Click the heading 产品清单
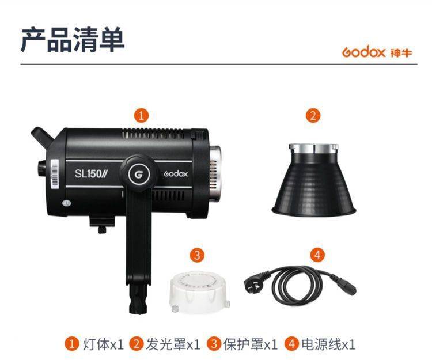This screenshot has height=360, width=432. [x=73, y=40]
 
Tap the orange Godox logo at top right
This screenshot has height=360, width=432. [x=377, y=52]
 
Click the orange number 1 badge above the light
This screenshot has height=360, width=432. [x=141, y=115]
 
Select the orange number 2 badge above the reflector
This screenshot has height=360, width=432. [x=313, y=115]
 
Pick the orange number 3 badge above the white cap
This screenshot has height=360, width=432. [x=197, y=255]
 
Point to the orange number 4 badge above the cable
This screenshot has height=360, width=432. [x=317, y=255]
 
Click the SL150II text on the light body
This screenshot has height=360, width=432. [x=91, y=174]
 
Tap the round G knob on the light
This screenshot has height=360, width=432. [x=139, y=174]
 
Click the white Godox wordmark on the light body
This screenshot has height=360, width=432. [x=176, y=174]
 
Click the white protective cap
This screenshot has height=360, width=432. [x=199, y=292]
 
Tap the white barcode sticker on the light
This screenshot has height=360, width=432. [x=55, y=173]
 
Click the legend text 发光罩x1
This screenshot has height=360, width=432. [x=173, y=344]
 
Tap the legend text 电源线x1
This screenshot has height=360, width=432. [x=328, y=344]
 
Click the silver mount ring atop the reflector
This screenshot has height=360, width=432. [x=313, y=148]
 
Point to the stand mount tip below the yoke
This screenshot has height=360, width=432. [x=140, y=300]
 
